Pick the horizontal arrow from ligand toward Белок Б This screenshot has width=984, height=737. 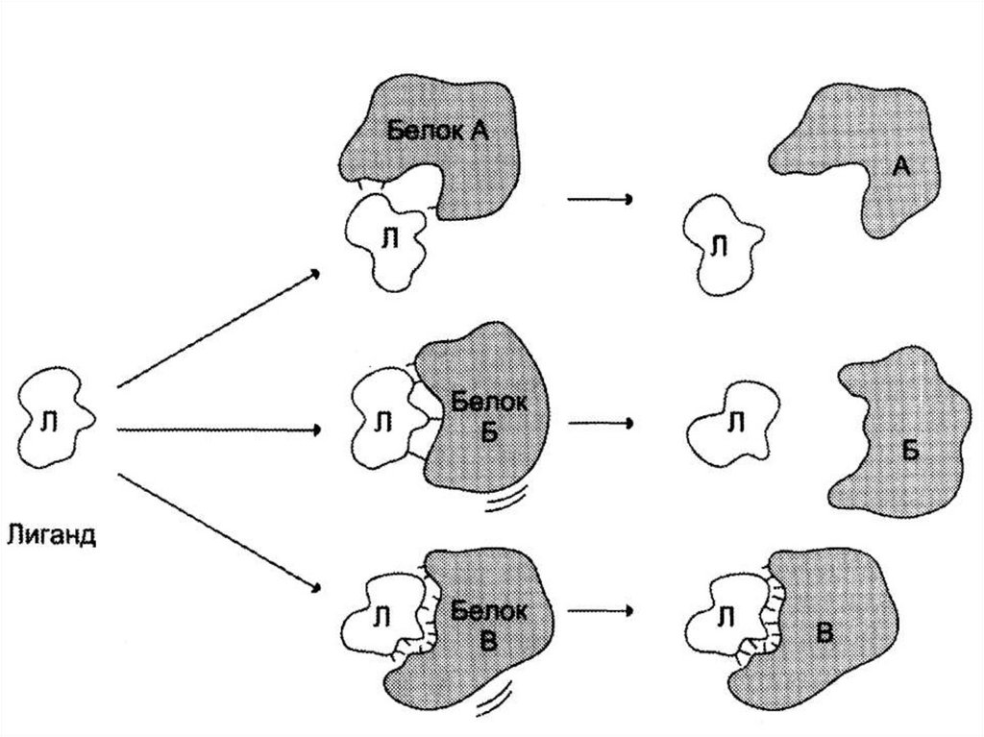tap(217, 430)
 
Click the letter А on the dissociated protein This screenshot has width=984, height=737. tap(900, 167)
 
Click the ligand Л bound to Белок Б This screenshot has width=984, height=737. tap(382, 420)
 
